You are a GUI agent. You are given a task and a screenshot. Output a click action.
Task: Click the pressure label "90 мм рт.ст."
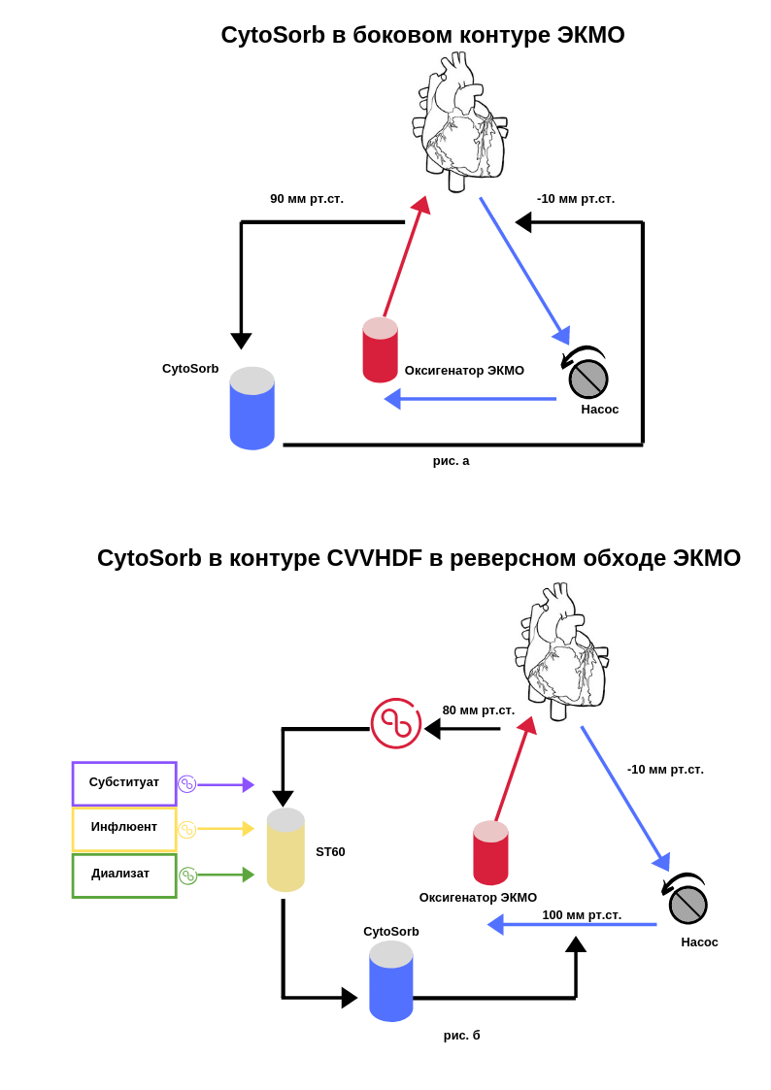click(307, 199)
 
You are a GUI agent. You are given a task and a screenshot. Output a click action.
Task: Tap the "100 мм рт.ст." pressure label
click(582, 915)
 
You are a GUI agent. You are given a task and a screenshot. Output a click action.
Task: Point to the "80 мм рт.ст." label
click(479, 710)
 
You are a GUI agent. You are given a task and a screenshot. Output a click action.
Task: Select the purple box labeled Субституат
click(124, 783)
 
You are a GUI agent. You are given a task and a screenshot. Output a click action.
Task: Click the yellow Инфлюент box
click(124, 829)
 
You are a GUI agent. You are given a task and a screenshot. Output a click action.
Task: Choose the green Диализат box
click(124, 875)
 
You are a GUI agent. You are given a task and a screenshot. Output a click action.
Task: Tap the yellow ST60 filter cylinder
click(285, 849)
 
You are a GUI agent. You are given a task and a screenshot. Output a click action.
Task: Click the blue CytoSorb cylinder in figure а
click(252, 408)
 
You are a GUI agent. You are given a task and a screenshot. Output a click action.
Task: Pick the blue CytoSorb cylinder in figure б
click(391, 981)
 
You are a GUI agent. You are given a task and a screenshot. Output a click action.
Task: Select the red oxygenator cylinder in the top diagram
click(381, 349)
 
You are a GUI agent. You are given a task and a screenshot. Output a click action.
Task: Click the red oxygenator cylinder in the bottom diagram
click(490, 853)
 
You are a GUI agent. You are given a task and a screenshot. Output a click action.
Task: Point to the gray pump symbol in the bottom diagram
click(687, 900)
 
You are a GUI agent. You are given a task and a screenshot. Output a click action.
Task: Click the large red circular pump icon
click(396, 724)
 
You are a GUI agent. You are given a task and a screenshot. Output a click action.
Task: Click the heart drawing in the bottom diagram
click(561, 651)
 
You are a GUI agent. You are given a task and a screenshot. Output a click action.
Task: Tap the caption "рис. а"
click(452, 461)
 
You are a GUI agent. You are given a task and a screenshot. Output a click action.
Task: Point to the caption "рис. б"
click(461, 1036)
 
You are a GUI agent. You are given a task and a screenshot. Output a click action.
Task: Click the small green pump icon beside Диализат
click(187, 875)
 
